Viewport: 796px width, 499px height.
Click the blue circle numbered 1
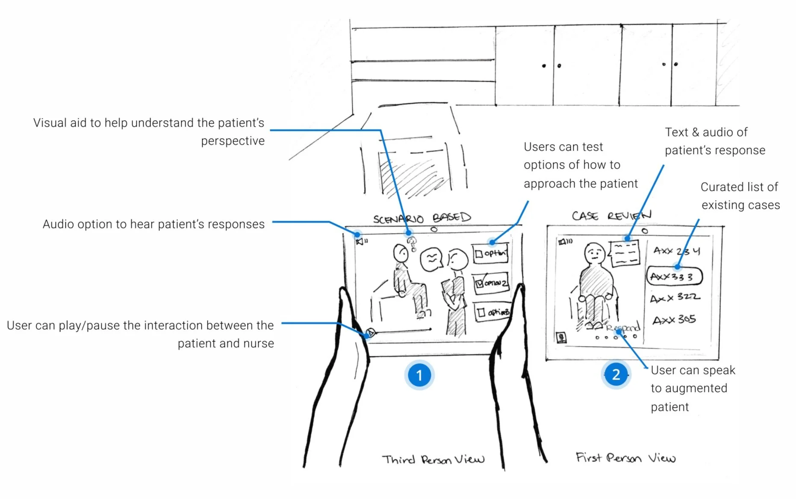pos(419,375)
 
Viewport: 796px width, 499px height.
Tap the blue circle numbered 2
pos(616,375)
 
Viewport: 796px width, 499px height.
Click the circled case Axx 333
pos(674,276)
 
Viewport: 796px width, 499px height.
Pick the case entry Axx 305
pos(674,320)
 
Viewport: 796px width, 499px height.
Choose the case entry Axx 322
pos(675,297)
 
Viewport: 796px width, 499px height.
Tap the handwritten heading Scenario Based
pos(422,218)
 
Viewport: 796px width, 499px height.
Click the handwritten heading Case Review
pos(611,215)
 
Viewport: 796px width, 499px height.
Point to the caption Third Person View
pos(433,460)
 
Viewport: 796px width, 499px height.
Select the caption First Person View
pos(625,458)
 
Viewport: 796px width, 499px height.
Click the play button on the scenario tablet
pos(371,332)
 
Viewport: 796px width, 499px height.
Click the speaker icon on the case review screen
pos(565,242)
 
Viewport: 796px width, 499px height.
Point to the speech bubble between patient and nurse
pos(432,259)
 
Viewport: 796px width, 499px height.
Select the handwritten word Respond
pos(623,328)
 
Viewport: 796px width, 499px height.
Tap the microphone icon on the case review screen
pos(561,337)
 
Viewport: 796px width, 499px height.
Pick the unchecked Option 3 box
pos(492,312)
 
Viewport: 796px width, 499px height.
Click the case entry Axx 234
pos(676,251)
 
